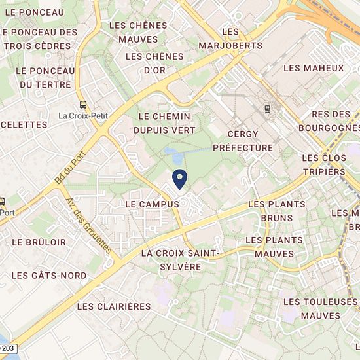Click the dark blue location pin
tap(179, 178)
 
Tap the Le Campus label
tap(152, 204)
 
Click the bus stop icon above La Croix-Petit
tap(83, 104)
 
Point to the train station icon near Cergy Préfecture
tap(267, 109)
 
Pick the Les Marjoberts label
tap(233, 39)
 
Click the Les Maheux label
tap(314, 68)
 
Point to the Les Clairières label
tap(114, 306)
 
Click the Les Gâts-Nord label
tap(48, 276)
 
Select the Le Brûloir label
tap(39, 242)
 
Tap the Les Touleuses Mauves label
tap(321, 308)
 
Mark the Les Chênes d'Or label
tap(154, 63)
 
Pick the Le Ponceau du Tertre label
tap(45, 77)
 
